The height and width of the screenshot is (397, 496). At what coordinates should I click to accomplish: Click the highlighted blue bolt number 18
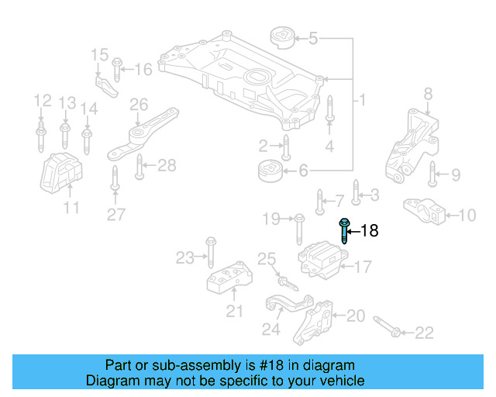(344, 232)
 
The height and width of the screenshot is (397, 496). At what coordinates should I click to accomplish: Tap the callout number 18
(370, 231)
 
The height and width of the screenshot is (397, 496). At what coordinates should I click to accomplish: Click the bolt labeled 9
(433, 175)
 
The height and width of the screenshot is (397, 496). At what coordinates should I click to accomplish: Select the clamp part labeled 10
(426, 211)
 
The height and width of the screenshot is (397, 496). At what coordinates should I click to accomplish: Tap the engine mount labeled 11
(63, 174)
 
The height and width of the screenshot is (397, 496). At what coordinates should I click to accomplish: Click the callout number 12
(42, 101)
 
